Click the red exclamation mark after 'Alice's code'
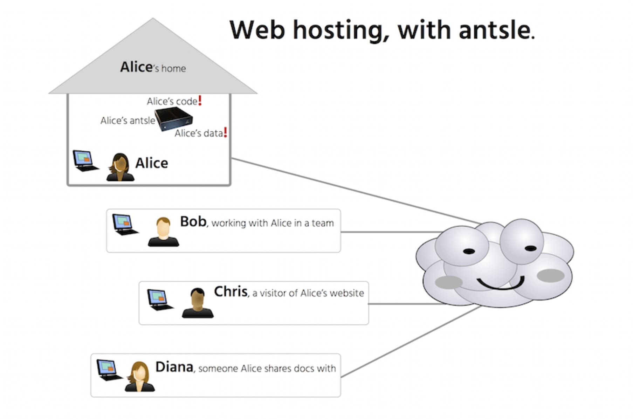point(200,101)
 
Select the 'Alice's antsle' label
point(128,121)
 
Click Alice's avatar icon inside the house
point(120,167)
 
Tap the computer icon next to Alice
point(85,161)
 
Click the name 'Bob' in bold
point(193,222)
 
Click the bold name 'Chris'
point(231,291)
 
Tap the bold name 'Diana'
point(174,367)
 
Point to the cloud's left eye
point(469,251)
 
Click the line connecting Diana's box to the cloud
point(410,342)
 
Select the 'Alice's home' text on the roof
point(153,67)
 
